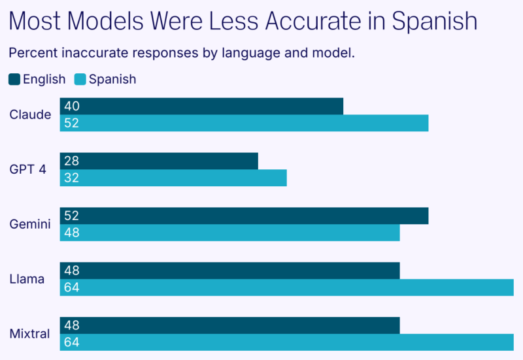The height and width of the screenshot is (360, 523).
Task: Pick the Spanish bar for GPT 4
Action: click(x=173, y=178)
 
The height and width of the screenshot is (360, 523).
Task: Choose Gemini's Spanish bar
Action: click(x=229, y=233)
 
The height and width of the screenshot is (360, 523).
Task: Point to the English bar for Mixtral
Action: click(x=229, y=325)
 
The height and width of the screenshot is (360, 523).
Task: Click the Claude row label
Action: click(x=30, y=115)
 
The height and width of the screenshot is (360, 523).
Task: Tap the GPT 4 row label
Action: click(x=28, y=170)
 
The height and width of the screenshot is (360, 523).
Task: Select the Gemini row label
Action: click(x=30, y=225)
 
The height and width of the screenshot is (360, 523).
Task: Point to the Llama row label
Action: click(x=27, y=280)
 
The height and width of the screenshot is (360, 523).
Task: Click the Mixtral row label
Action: click(x=30, y=335)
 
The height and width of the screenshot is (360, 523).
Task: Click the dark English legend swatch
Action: click(x=14, y=80)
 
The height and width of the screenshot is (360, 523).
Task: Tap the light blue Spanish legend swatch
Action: click(x=80, y=80)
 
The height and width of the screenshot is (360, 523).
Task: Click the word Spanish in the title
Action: click(x=434, y=22)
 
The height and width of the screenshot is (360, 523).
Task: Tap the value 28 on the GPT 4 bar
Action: click(x=71, y=161)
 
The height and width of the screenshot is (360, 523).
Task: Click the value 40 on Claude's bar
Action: click(x=72, y=106)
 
